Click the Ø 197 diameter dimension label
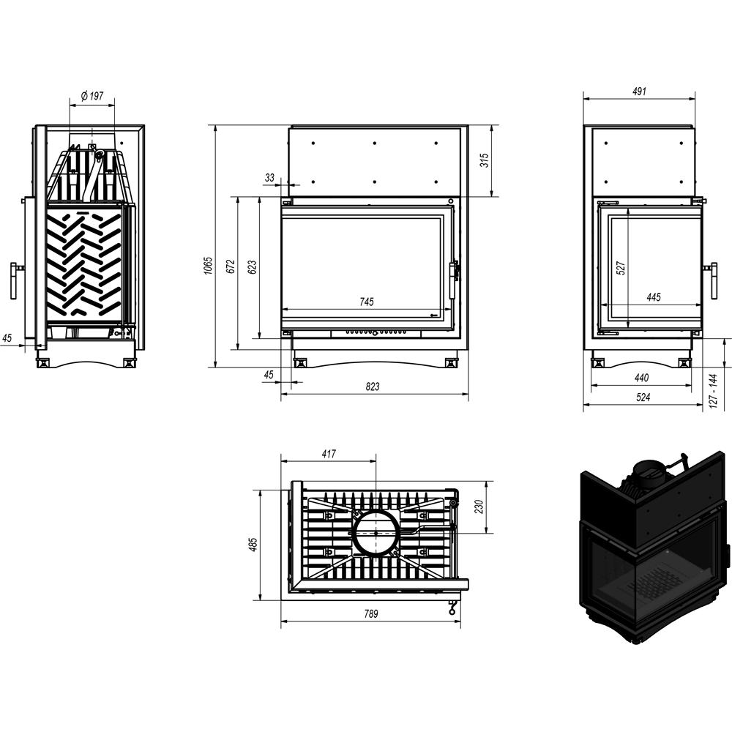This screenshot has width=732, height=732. (x=92, y=96)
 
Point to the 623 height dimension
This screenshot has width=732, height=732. (x=252, y=267)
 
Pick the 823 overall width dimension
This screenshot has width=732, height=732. (x=373, y=387)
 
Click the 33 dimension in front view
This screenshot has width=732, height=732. (x=269, y=178)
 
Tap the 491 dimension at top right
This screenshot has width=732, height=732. (x=639, y=92)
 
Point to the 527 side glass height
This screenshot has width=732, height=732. (x=620, y=268)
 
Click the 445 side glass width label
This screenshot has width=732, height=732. (x=654, y=297)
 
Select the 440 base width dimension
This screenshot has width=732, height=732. (x=641, y=378)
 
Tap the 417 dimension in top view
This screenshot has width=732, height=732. (x=328, y=454)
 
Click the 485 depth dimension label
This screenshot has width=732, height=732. (x=253, y=545)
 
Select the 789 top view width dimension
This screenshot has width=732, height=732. (x=370, y=614)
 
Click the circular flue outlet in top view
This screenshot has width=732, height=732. (x=376, y=533)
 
